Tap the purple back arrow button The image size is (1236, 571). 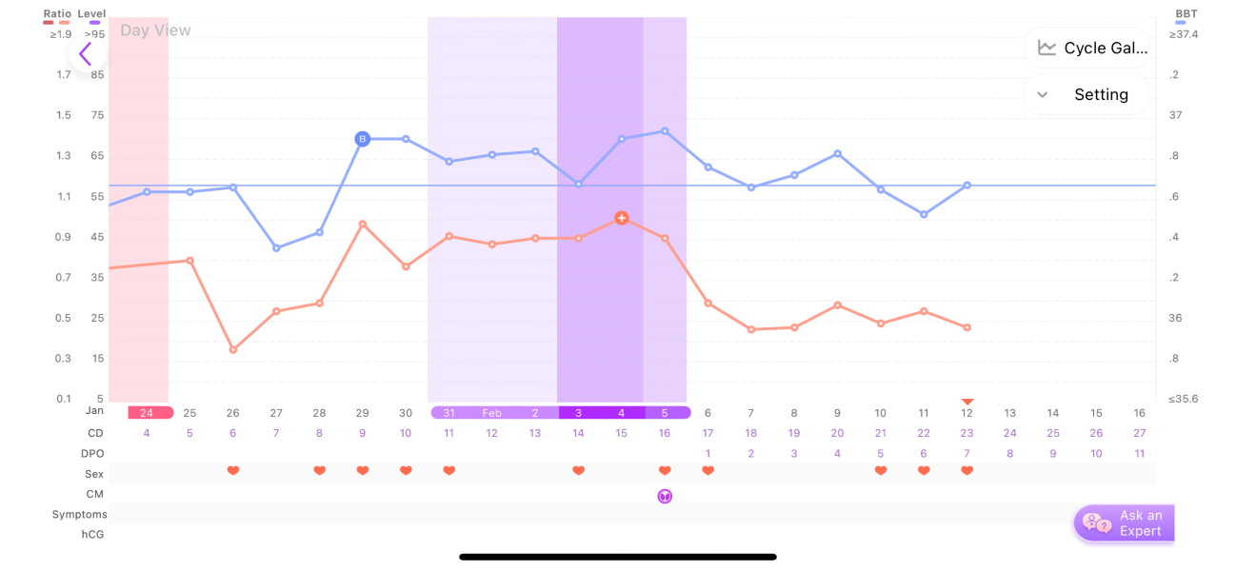point(86,54)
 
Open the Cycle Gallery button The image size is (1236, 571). point(1086,48)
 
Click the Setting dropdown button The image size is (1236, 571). point(1086,94)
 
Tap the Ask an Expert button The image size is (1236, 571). point(1125,522)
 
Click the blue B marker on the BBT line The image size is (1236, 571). point(362,139)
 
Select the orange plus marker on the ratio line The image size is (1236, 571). point(621,218)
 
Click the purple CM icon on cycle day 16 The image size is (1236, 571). point(665,496)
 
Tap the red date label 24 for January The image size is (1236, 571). point(147,413)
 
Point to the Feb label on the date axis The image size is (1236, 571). point(491,413)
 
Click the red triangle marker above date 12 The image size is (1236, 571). point(967,402)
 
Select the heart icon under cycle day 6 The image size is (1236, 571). point(232,471)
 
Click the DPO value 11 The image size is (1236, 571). point(1139,454)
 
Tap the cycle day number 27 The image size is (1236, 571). point(1139,433)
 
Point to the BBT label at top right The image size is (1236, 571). point(1186,14)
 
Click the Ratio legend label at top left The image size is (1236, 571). point(56,14)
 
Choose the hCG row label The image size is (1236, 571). point(93,535)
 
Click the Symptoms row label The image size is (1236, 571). point(80,515)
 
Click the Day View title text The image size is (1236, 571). point(155,30)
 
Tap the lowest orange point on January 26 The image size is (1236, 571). point(233,350)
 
